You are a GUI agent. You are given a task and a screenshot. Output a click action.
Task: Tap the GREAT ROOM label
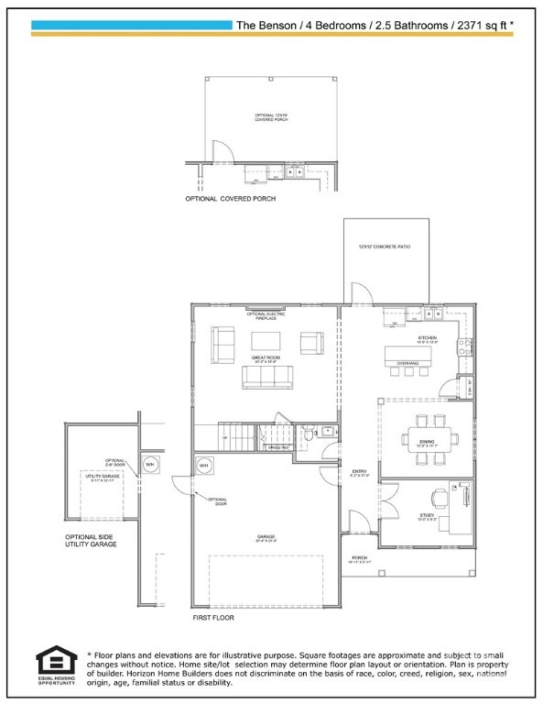coord(266,357)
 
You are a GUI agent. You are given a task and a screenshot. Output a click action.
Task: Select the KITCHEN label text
coord(428,338)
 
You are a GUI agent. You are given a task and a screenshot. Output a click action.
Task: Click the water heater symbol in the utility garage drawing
coord(149,464)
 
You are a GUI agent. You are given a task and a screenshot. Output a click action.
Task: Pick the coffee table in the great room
coord(266,341)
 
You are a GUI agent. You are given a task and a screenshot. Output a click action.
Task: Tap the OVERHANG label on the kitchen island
coord(407,364)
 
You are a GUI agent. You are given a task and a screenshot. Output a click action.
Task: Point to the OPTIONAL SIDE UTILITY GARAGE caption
coord(90,541)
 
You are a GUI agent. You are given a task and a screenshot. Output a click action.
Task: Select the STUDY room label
coord(427,516)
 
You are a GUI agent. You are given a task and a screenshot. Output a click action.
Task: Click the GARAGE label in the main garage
coord(266,537)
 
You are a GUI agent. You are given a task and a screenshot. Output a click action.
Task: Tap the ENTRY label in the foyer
coord(359,472)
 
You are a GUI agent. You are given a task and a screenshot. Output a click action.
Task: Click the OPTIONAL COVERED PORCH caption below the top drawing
coord(230,198)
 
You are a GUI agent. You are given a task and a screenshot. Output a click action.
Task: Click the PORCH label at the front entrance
coord(359,557)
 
